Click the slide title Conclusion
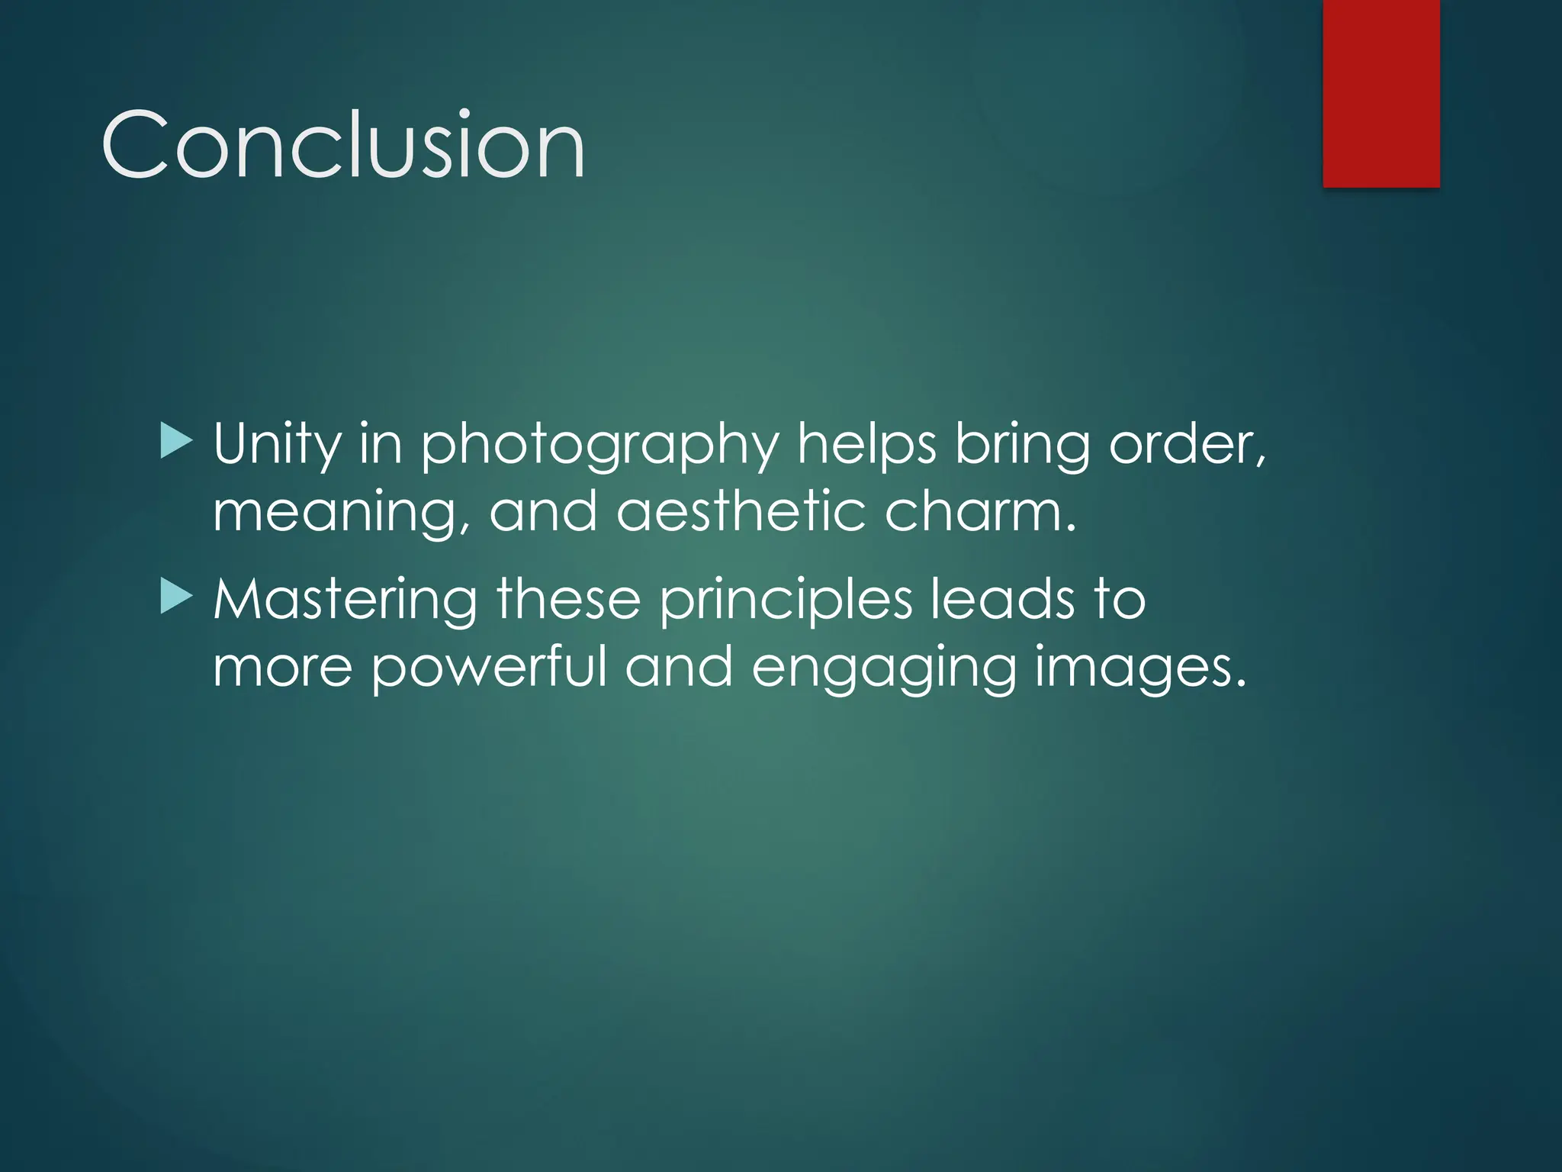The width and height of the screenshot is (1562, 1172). click(x=343, y=145)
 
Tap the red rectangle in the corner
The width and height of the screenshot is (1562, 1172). click(x=1381, y=93)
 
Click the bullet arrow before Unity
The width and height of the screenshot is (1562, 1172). click(x=177, y=443)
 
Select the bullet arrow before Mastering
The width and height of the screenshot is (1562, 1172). click(x=177, y=598)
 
